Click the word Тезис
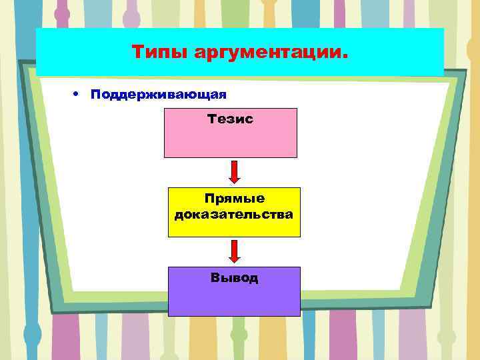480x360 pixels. (231, 119)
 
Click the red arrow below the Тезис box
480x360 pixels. (234, 171)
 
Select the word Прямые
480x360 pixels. (234, 199)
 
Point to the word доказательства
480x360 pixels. (234, 215)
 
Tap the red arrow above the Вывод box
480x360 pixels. (234, 251)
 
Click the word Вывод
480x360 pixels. (234, 277)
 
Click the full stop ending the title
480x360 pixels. (345, 57)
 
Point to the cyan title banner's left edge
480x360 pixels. (38, 52)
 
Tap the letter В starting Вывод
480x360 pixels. (215, 277)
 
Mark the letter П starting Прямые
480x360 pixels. (209, 199)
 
